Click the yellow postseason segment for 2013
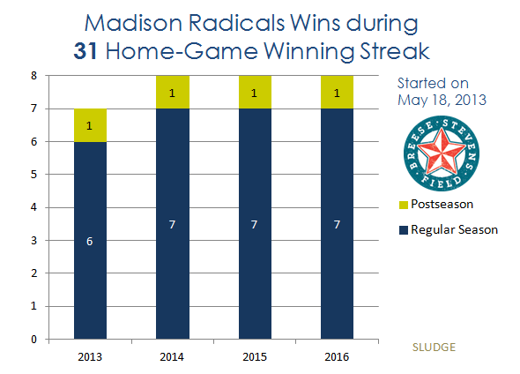pyautogui.click(x=90, y=125)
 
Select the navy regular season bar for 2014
pyautogui.click(x=173, y=224)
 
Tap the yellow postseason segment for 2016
pyautogui.click(x=337, y=93)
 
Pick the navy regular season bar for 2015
pyautogui.click(x=255, y=224)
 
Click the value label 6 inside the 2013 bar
pyautogui.click(x=90, y=242)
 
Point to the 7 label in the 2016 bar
pyautogui.click(x=337, y=225)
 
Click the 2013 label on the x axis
pyautogui.click(x=90, y=356)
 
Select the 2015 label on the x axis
pyautogui.click(x=255, y=356)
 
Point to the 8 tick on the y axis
pyautogui.click(x=33, y=76)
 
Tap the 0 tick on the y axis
pyautogui.click(x=33, y=339)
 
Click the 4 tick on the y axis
pyautogui.click(x=33, y=207)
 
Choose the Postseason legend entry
pyautogui.click(x=436, y=204)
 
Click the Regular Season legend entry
pyautogui.click(x=449, y=229)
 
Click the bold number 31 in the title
pyautogui.click(x=85, y=51)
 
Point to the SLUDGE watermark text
pyautogui.click(x=434, y=348)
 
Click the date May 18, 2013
pyautogui.click(x=442, y=100)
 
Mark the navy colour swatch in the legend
pyautogui.click(x=404, y=230)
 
